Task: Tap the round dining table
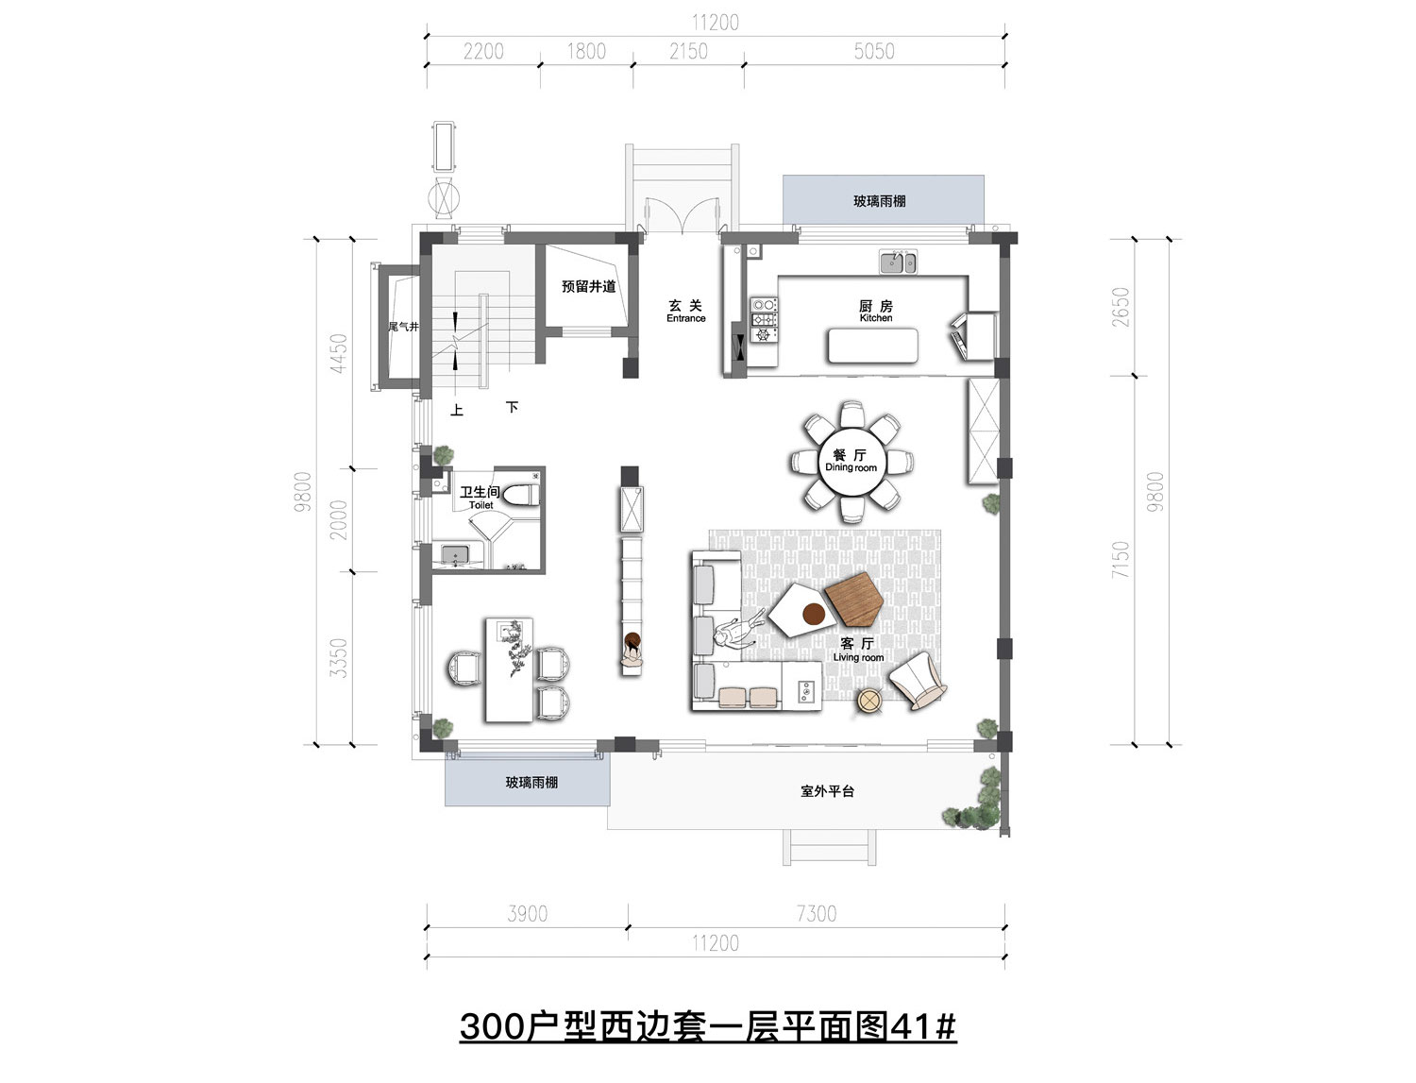tap(851, 462)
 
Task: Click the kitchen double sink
tap(898, 262)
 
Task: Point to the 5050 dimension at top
tap(873, 52)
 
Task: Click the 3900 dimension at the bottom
tap(527, 914)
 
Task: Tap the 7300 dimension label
tap(816, 914)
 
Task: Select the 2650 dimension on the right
tap(1121, 306)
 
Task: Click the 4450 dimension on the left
tap(339, 353)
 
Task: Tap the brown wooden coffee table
tap(853, 600)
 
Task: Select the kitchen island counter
tap(873, 346)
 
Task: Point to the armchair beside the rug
tap(919, 681)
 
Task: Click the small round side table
tap(869, 702)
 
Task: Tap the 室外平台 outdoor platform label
tap(827, 791)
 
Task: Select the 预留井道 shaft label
tap(588, 286)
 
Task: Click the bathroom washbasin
tap(456, 555)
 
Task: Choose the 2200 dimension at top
tap(483, 52)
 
